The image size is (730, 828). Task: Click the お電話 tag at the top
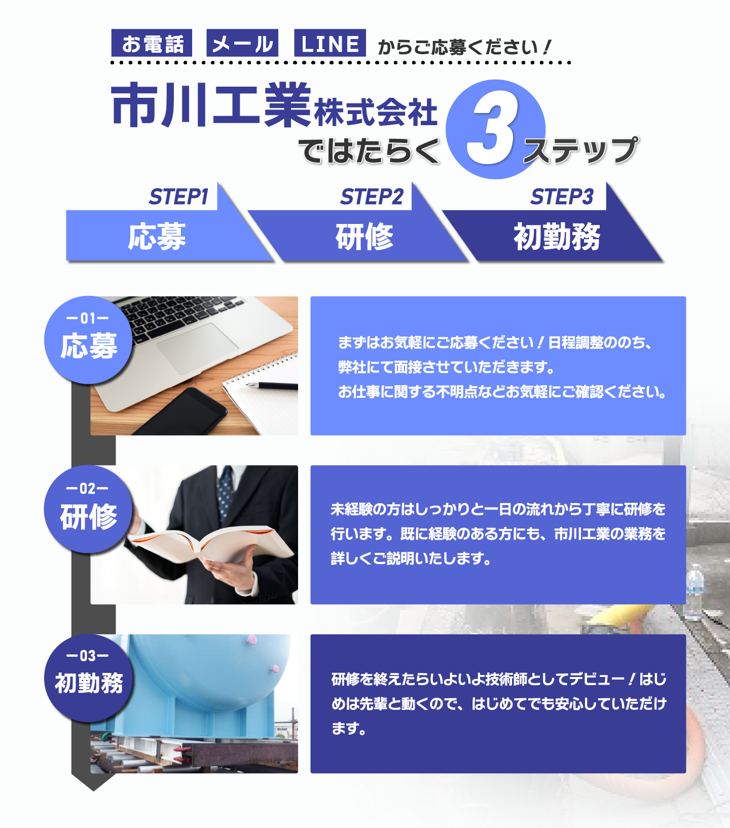pos(152,43)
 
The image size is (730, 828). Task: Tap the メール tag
pos(242,43)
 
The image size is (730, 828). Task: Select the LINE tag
pos(330,43)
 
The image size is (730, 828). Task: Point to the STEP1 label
pos(179,197)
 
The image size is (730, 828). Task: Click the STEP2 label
pos(372,197)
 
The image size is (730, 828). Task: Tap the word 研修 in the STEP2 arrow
pos(364,236)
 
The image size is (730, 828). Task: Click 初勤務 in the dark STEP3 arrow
pos(557,236)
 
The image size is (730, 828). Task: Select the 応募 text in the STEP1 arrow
pos(157,236)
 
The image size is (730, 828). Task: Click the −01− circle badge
pos(88,340)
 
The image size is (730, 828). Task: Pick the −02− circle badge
pos(88,509)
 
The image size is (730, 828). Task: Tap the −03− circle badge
pos(88,679)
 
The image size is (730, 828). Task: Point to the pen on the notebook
pos(272,386)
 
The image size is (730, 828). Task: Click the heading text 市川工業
pos(211,105)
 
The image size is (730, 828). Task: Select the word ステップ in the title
pos(581,150)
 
